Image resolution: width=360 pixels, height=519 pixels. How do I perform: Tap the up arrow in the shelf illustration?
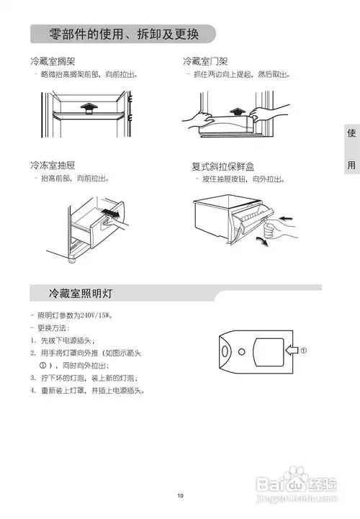86,107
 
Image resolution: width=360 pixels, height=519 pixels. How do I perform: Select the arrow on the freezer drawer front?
110,212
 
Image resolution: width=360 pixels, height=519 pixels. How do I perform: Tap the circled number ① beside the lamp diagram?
304,351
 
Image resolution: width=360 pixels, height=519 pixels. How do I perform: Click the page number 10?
181,495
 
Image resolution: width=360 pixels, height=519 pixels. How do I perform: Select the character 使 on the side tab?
351,135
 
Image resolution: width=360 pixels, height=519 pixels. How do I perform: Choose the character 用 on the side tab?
351,164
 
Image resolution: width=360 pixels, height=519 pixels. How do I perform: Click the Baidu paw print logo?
297,477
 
